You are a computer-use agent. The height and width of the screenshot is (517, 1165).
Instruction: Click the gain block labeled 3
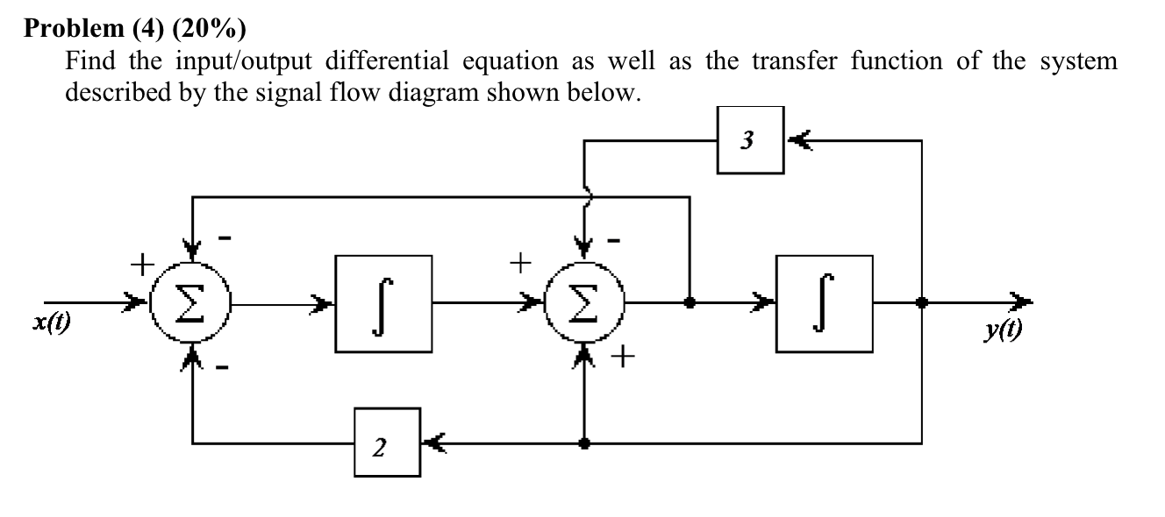tap(750, 140)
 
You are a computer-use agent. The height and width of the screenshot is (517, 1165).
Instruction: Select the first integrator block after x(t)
tap(384, 303)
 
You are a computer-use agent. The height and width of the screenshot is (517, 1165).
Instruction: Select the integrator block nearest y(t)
tap(824, 303)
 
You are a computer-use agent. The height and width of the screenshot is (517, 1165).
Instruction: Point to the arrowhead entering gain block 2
tap(433, 443)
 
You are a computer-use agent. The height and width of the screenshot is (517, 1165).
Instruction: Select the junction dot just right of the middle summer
tap(690, 303)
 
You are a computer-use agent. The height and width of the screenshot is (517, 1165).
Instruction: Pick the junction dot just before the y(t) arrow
tap(921, 303)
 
